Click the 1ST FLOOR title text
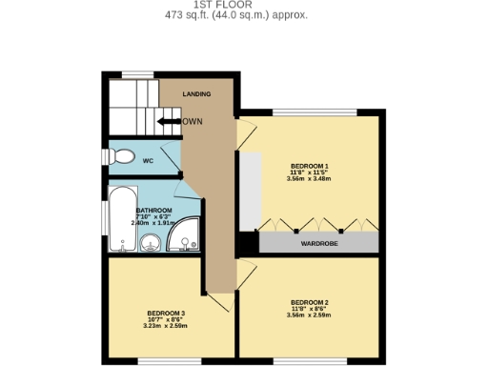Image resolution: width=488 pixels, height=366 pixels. (x=236, y=5)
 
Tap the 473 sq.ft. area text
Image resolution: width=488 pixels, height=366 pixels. (x=236, y=15)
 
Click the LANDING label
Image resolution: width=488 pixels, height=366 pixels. (x=196, y=94)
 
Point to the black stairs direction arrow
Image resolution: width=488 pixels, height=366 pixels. (x=169, y=122)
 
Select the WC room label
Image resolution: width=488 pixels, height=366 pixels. (x=148, y=161)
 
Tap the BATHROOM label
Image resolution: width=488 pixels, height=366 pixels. (x=153, y=211)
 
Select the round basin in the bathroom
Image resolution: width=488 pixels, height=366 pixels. (x=151, y=246)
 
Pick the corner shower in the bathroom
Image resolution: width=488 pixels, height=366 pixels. (x=186, y=236)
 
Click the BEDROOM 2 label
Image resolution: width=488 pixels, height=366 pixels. (x=309, y=302)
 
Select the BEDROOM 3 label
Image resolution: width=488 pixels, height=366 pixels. (x=166, y=313)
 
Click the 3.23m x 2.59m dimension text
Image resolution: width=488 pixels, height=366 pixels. (x=166, y=326)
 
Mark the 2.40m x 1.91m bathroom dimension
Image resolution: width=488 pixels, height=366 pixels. (x=153, y=223)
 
